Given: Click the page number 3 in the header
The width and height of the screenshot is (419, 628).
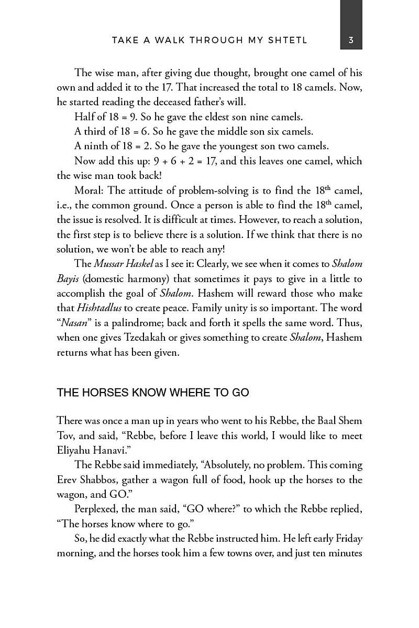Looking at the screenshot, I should click(351, 40).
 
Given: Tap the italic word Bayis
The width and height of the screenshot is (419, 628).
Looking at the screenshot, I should click(68, 279).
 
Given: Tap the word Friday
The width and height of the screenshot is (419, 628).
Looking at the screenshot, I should click(349, 538).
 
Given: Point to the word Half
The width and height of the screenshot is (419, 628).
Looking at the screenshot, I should click(84, 117).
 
